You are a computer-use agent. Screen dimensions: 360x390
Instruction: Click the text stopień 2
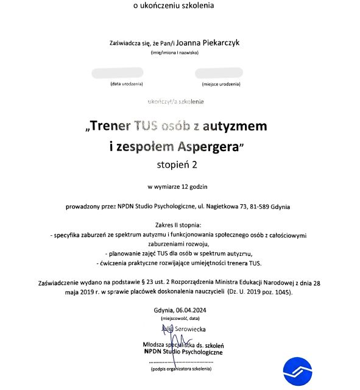click(177, 163)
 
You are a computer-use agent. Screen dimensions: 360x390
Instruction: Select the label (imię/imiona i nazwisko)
click(178, 53)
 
